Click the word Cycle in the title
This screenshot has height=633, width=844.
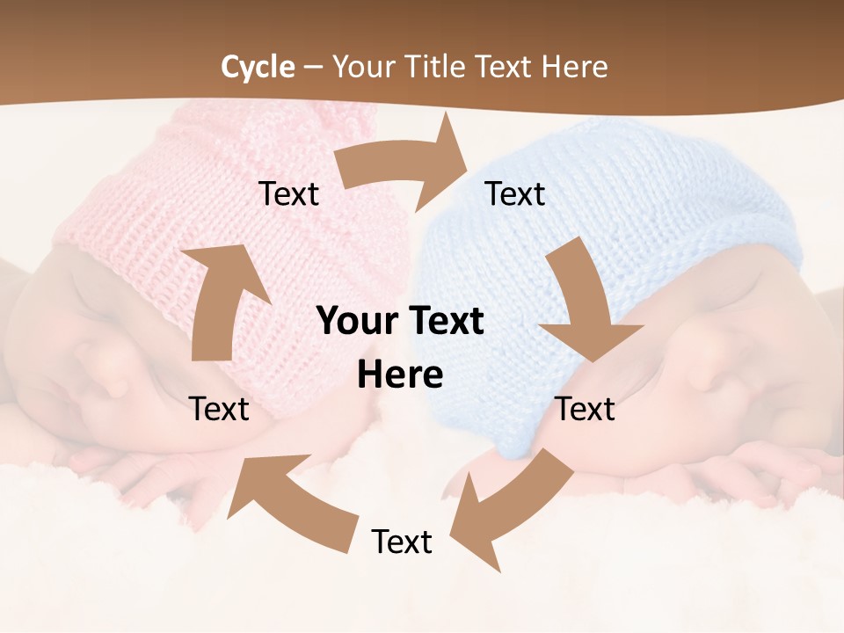[258, 67]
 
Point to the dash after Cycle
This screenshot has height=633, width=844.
[314, 67]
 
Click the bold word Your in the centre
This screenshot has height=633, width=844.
[357, 322]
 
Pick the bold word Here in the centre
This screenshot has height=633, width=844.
[400, 376]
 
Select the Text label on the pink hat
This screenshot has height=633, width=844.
[288, 194]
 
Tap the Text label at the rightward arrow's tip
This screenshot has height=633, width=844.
[515, 194]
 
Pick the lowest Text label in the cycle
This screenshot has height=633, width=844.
[402, 542]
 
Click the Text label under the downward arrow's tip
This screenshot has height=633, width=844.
[586, 409]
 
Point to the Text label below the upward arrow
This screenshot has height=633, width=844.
[219, 409]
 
